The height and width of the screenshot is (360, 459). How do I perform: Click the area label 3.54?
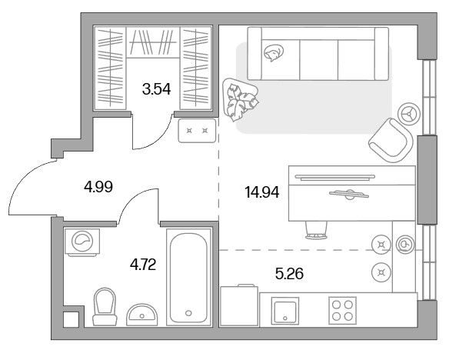pos(156,89)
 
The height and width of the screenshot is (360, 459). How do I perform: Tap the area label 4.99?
pos(98,187)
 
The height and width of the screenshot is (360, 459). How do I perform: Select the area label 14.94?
pos(261,192)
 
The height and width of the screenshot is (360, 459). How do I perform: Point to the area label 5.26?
pos(289,274)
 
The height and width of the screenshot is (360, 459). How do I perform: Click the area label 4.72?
pos(143,265)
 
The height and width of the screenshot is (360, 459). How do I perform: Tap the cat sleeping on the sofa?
pos(274,53)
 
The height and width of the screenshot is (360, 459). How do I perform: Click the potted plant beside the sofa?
pos(240,99)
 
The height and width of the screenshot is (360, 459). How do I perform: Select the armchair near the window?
pos(391,140)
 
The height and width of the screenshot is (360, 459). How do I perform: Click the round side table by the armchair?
pos(409,114)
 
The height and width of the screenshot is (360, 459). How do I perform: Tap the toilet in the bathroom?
pos(105,306)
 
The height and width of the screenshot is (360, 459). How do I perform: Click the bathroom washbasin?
pos(142,315)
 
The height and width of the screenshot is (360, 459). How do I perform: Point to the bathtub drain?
pos(188,313)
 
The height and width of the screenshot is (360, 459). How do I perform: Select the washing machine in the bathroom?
pos(82,242)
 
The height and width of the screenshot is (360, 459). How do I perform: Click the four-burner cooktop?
pos(342,311)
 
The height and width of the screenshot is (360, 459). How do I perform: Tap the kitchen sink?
pos(284,311)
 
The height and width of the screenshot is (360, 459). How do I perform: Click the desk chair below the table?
pos(316,230)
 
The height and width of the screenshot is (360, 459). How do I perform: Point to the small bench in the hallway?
pos(197,131)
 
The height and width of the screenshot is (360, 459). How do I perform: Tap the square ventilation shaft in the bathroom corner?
pos(72,319)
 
